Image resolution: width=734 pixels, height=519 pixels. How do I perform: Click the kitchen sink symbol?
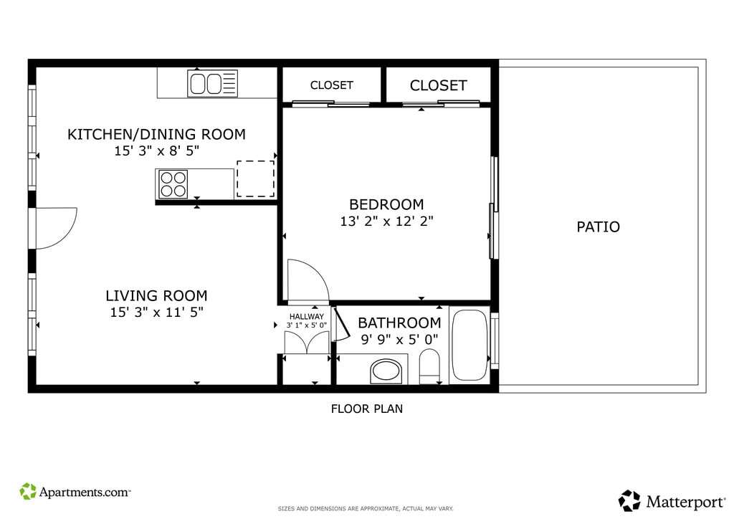[x=212, y=83]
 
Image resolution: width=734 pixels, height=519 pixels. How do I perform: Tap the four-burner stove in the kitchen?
[x=173, y=184]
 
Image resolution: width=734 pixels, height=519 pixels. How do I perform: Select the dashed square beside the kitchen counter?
[x=256, y=178]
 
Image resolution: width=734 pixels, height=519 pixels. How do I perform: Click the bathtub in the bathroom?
[x=470, y=345]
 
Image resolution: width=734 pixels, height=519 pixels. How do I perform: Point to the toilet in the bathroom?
[x=429, y=366]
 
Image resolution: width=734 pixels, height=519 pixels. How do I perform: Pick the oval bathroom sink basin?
[x=386, y=371]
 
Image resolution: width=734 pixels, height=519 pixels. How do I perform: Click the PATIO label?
[x=599, y=227]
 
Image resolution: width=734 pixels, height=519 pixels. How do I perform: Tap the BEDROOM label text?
[x=386, y=204]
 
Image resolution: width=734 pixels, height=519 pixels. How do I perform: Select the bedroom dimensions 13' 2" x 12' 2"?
[x=386, y=221]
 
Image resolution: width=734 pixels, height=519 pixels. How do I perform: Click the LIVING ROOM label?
[x=156, y=296]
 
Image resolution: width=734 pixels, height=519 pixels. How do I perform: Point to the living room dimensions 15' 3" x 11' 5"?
[x=157, y=312]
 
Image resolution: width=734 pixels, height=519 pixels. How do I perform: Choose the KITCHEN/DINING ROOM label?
[x=156, y=134]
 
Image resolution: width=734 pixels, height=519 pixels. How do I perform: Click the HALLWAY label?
[x=307, y=316]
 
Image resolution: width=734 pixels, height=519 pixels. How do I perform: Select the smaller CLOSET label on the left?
[x=331, y=85]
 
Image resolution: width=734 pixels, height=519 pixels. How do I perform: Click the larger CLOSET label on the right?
[x=439, y=85]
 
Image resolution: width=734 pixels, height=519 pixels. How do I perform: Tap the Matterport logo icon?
[x=629, y=501]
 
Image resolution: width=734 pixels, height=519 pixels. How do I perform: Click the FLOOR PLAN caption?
[x=367, y=409]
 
